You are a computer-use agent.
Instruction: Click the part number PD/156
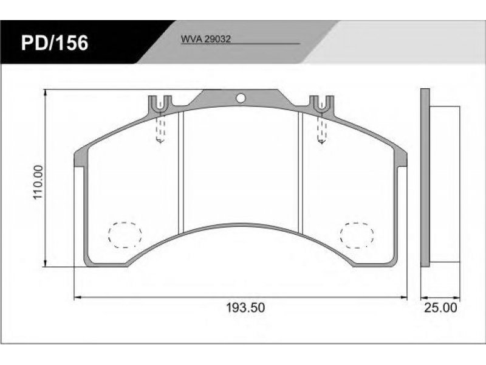click(x=55, y=43)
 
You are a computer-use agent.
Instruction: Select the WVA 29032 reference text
click(x=205, y=39)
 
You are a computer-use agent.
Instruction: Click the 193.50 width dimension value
click(x=245, y=308)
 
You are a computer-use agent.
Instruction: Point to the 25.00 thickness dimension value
click(x=440, y=308)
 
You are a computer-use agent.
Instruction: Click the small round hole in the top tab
click(x=241, y=98)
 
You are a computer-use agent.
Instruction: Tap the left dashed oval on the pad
click(x=125, y=235)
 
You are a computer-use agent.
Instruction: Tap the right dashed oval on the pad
click(x=357, y=235)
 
